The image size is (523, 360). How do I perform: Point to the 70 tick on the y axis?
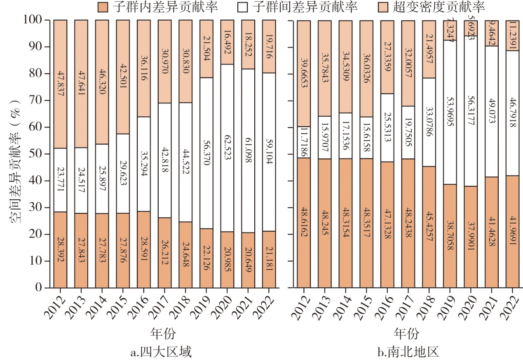(36, 100)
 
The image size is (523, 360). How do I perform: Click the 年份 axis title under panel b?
(406, 333)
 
